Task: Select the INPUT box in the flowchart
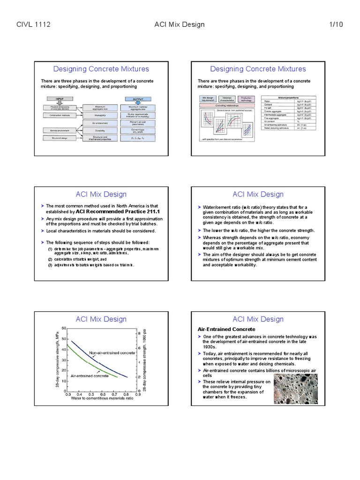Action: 59,99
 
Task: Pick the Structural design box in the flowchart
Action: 59,139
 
